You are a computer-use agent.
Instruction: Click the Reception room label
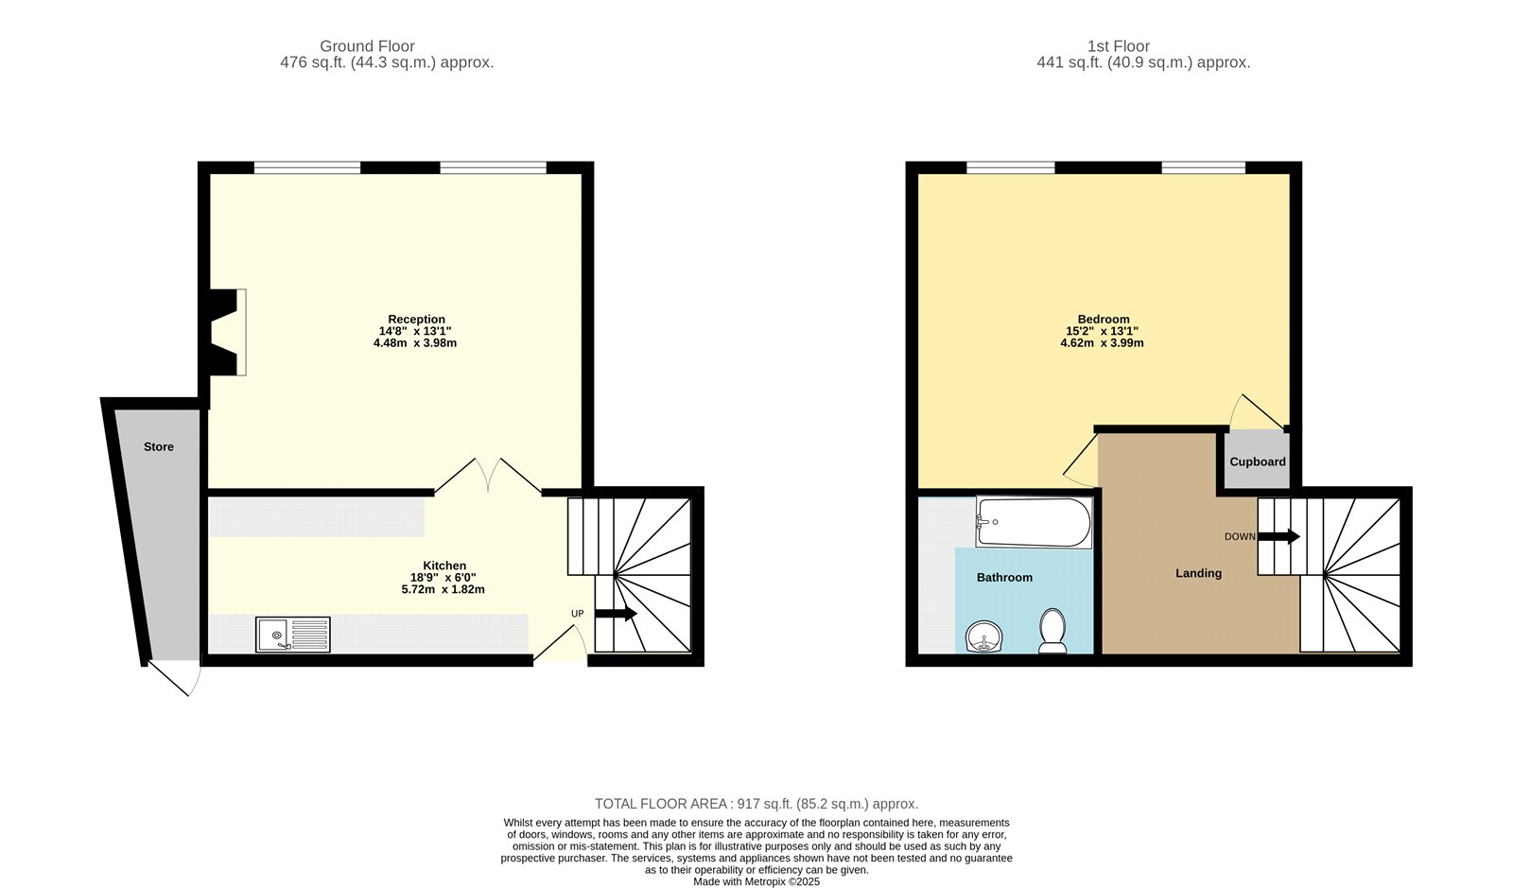pos(416,320)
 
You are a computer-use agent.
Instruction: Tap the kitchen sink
pos(293,635)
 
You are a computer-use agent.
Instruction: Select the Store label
pos(159,446)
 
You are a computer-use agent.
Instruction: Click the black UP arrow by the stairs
pos(616,615)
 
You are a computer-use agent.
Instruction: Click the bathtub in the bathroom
pos(1034,523)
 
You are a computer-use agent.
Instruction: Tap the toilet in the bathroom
pos(1052,631)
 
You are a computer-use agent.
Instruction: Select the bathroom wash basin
pos(984,637)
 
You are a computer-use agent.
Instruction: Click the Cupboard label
pos(1257,461)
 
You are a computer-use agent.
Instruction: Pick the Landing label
pos(1198,573)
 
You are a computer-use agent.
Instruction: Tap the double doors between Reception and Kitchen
pos(488,475)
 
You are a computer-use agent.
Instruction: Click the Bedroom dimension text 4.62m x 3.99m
pos(1102,343)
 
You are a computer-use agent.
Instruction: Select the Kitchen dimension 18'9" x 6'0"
pos(443,578)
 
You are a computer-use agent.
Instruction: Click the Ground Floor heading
pos(367,45)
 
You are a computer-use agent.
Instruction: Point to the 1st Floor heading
pos(1118,45)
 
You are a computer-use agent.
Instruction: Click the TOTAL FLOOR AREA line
pos(756,804)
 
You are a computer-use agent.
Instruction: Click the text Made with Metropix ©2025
pos(756,881)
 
